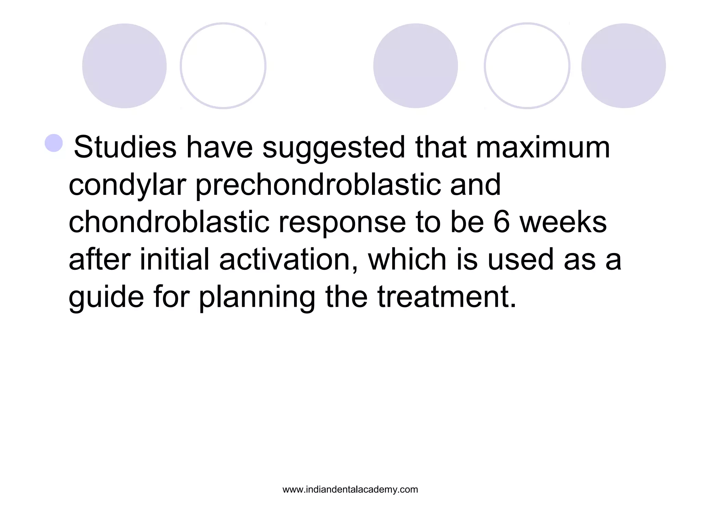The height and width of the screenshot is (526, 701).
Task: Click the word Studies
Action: [125, 148]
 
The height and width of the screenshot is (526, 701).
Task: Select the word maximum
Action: [543, 148]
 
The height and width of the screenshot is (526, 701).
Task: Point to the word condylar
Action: [127, 185]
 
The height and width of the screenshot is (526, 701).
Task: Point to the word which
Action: [407, 259]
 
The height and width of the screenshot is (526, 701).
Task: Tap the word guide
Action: [106, 297]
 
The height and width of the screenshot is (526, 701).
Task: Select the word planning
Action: [257, 297]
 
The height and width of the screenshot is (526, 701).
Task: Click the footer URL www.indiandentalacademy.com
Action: [350, 489]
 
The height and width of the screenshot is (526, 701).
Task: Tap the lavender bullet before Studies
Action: [54, 143]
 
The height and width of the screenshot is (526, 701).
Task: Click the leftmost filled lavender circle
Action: [124, 66]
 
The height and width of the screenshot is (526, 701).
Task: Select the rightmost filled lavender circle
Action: [623, 66]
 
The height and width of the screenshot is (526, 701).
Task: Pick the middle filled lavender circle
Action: [416, 66]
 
